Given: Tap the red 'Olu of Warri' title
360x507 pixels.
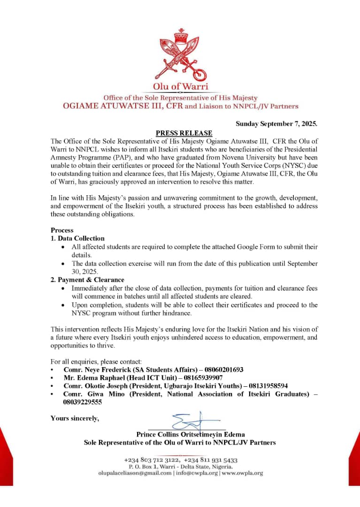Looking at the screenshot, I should tap(180, 86).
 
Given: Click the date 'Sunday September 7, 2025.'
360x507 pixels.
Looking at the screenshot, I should tap(276, 124).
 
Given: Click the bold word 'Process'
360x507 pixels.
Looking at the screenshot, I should tap(62, 230).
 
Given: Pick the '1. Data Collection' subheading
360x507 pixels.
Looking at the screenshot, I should tap(77, 238).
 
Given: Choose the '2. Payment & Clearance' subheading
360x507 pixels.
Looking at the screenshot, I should tap(87, 280).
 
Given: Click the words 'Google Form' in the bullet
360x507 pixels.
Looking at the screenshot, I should tap(240, 247).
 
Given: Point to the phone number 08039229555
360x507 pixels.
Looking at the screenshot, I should tap(83, 402).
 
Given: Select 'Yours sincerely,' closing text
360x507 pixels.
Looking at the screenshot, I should tap(75, 418).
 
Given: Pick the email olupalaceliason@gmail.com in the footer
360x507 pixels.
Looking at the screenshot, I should tap(135, 473).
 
